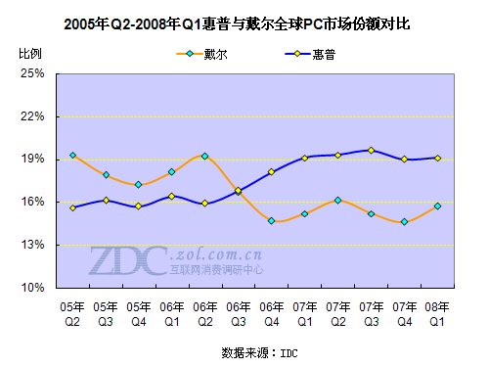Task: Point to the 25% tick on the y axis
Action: click(x=32, y=73)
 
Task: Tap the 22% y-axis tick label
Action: click(x=32, y=116)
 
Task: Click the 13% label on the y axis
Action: click(x=32, y=246)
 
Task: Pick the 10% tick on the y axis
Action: click(x=32, y=289)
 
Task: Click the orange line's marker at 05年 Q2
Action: click(x=72, y=156)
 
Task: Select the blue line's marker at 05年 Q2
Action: click(x=72, y=207)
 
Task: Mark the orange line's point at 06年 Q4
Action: click(x=271, y=221)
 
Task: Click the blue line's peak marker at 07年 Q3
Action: click(x=371, y=150)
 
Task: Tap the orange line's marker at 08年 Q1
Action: click(x=437, y=206)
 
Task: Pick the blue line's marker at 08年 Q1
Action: click(x=437, y=158)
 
